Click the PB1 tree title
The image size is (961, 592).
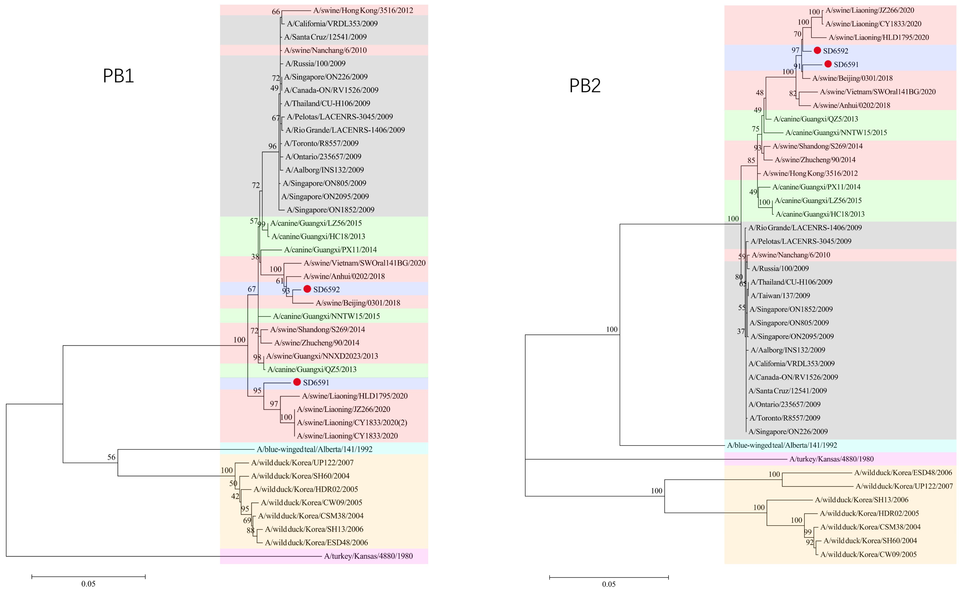tap(118, 76)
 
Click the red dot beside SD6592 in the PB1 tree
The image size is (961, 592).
tap(307, 289)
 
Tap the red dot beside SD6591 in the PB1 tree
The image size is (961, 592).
tap(297, 382)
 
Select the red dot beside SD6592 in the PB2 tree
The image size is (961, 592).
tap(817, 50)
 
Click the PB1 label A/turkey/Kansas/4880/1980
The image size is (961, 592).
tap(368, 556)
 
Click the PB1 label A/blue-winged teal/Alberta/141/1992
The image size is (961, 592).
tap(314, 449)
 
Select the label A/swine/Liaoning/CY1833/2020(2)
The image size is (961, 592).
tap(352, 423)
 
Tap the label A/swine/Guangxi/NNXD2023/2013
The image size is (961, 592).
tap(322, 356)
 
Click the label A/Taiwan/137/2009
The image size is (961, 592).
tap(780, 296)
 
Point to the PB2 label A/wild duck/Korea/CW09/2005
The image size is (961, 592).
tap(868, 554)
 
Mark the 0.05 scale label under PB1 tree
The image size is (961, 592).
tap(88, 584)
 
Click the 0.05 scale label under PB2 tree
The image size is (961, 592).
tap(609, 584)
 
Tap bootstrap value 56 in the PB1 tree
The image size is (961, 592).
tap(112, 457)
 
